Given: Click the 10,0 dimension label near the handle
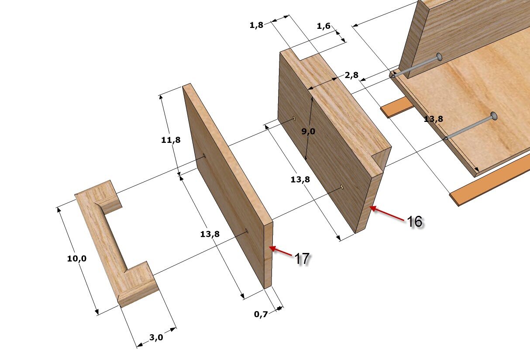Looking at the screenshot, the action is tap(77, 258).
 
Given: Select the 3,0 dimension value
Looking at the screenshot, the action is tap(156, 337).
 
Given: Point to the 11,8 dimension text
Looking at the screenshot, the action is tap(171, 140).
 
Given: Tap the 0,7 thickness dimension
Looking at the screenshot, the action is tap(261, 314).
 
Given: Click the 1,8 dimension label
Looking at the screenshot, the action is tap(256, 25).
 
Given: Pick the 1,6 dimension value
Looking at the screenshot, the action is tap(324, 26).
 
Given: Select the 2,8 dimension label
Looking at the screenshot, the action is tap(351, 75).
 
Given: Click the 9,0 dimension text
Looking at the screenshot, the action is tap(308, 131).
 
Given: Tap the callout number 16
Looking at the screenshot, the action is tap(415, 222).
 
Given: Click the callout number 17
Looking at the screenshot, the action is tap(302, 259).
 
